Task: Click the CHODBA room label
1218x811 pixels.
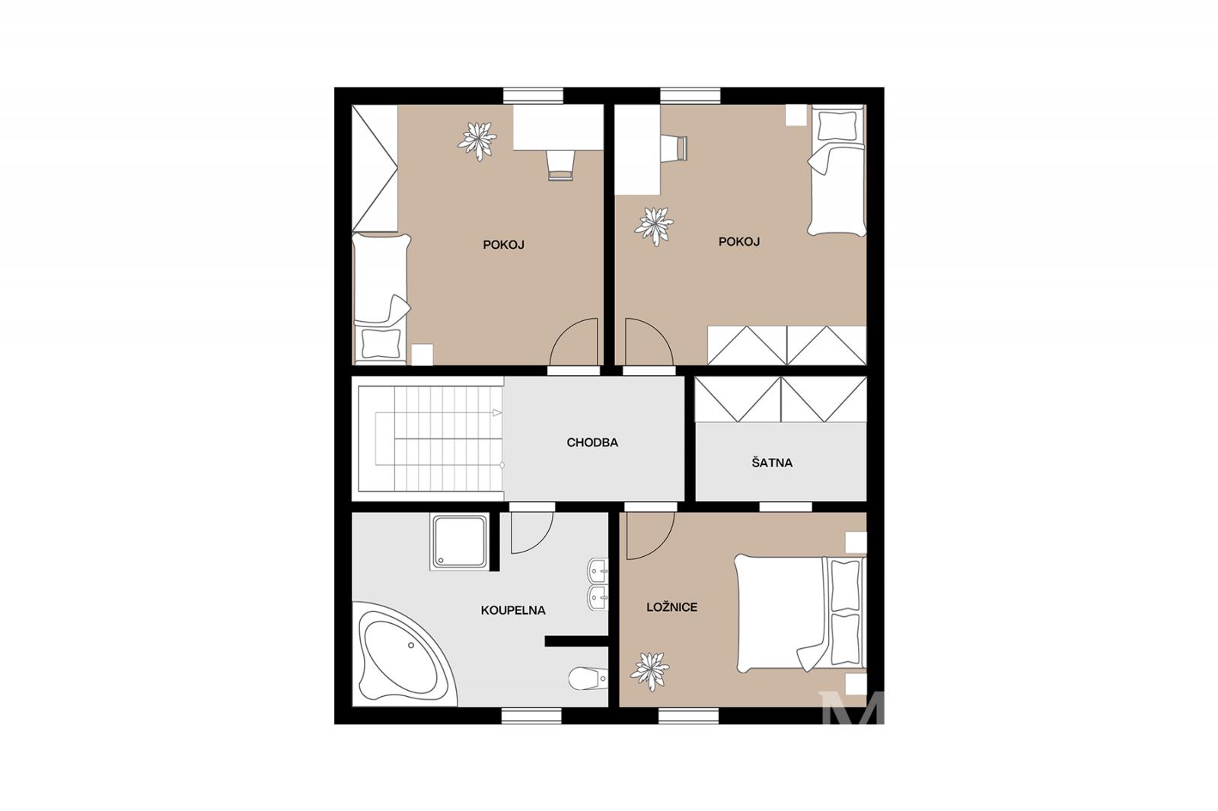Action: [x=592, y=443]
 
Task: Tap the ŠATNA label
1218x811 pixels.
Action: [x=772, y=463]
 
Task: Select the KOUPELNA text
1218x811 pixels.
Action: [x=513, y=610]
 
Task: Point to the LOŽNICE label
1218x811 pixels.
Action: [x=671, y=607]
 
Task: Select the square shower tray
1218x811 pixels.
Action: [x=460, y=542]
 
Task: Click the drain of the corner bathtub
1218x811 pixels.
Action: [x=411, y=646]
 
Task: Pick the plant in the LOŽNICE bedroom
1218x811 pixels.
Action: [x=650, y=671]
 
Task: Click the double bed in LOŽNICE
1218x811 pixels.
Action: [x=800, y=613]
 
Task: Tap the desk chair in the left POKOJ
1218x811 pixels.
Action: [x=560, y=164]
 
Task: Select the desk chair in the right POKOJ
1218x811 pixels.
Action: [x=674, y=148]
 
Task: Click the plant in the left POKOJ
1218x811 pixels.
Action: [x=477, y=141]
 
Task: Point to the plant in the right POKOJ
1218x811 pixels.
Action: [x=654, y=226]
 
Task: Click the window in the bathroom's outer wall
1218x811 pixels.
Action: [x=531, y=715]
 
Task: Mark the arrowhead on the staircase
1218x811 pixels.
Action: [x=497, y=412]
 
